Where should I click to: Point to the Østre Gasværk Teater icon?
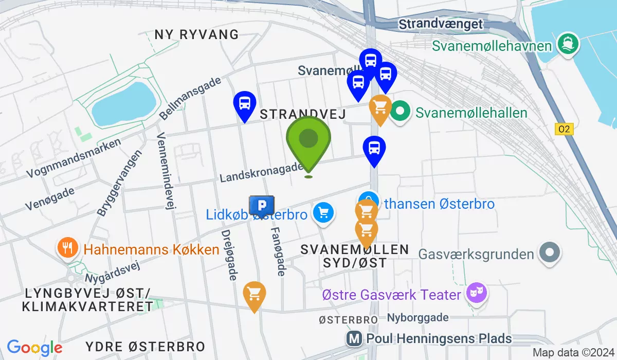pos(476,294)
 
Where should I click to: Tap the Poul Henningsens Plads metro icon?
pos(354,338)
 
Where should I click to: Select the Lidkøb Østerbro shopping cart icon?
pos(323,213)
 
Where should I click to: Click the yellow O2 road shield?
pos(564,129)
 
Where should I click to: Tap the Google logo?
pos(35,348)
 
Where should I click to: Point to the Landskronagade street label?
pos(261,172)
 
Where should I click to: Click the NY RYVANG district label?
pos(196,35)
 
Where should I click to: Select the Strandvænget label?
pos(441,24)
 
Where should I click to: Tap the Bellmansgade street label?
pos(190,98)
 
